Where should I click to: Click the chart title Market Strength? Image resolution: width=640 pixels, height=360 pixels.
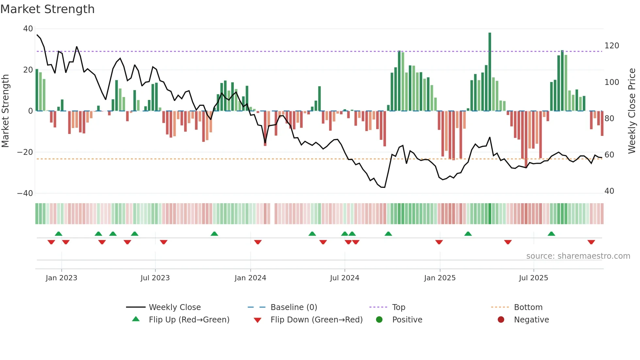pos(47,9)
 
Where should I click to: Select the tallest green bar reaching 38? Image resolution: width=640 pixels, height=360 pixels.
pos(490,72)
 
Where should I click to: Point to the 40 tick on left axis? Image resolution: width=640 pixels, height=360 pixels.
pos(28,29)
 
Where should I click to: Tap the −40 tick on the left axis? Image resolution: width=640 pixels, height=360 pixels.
pos(25,193)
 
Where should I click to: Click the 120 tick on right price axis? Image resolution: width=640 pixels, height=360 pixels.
pos(612,46)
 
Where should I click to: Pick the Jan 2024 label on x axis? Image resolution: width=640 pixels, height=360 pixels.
pos(250,278)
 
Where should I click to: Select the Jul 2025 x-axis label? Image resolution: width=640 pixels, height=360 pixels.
pos(534,278)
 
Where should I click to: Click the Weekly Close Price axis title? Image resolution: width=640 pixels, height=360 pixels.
pos(632,111)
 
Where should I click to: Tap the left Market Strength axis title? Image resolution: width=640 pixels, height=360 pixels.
pos(6,111)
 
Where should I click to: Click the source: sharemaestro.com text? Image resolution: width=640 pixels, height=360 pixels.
pos(578,256)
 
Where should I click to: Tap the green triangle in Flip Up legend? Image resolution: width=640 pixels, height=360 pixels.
pos(136,319)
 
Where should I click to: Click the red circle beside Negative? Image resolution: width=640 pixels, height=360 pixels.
pos(501,319)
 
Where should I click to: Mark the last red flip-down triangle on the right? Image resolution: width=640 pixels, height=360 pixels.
pos(591,242)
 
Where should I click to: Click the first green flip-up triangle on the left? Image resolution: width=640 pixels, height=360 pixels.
pos(58,234)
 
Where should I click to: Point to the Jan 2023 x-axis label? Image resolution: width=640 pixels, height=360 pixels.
pos(61,278)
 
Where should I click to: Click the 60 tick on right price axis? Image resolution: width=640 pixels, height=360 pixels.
pos(609,155)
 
